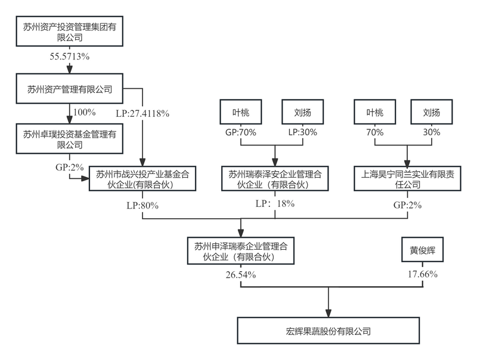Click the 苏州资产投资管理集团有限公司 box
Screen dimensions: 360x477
tap(70, 32)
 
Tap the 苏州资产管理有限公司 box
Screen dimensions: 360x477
tap(70, 89)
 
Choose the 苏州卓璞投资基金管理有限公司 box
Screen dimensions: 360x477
tap(70, 140)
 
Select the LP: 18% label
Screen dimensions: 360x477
tap(275, 204)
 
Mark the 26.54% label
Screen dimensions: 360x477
tap(241, 275)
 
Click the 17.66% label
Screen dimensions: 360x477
tap(423, 275)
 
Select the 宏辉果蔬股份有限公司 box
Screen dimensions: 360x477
tap(328, 330)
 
